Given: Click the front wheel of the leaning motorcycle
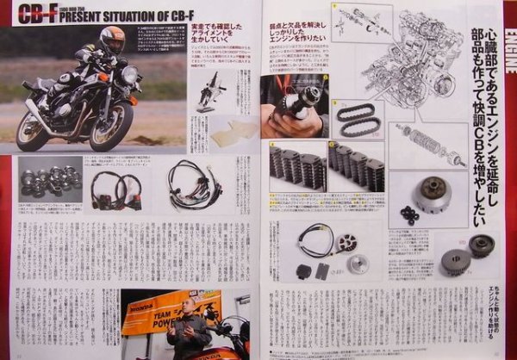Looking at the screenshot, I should coord(112,124).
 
